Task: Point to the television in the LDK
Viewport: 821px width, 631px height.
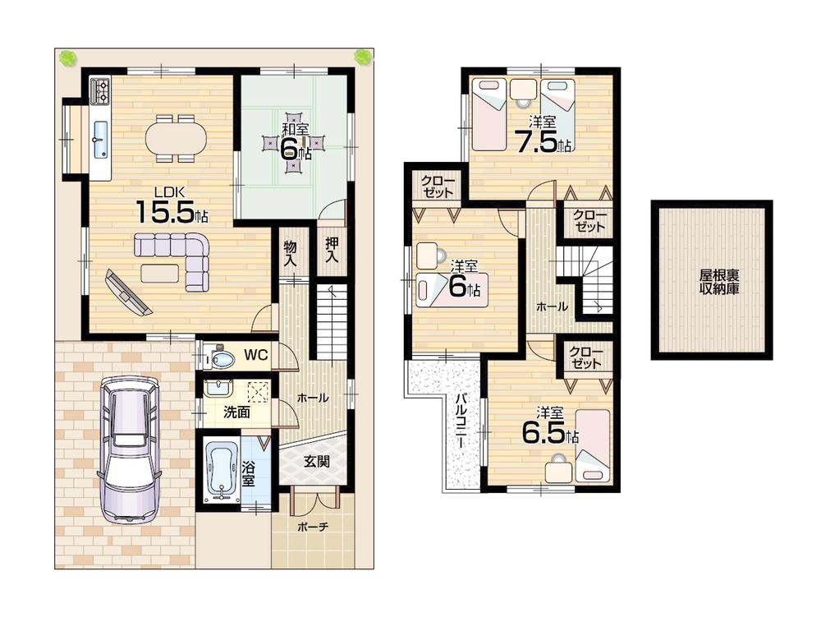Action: coord(128,292)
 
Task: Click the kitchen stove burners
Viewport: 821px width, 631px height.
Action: coord(100,90)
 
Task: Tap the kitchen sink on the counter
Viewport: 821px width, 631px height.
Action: coord(100,140)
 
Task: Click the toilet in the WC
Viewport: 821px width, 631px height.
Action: coord(219,357)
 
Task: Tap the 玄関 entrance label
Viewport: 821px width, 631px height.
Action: coord(317,462)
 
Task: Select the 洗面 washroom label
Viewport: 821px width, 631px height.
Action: coord(237,412)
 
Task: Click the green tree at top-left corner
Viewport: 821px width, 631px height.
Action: coord(67,57)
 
